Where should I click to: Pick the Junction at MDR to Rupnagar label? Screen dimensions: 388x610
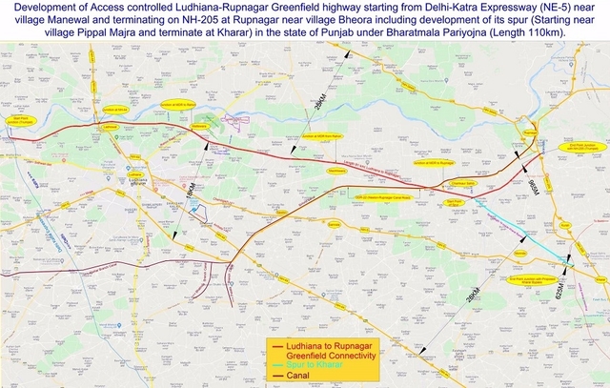[x=433, y=164]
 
